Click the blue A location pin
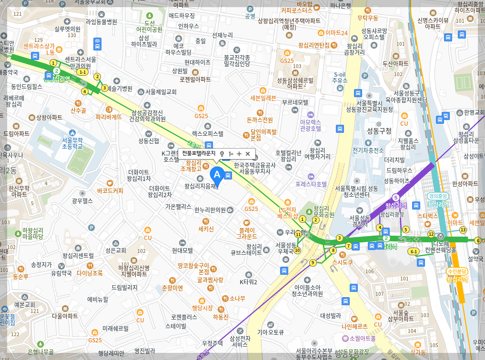click(217, 175)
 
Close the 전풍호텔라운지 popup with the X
click(247, 154)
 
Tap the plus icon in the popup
click(239, 154)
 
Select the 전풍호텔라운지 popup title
click(199, 153)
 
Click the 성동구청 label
click(379, 131)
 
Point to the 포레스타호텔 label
click(311, 184)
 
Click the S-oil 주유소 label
click(340, 78)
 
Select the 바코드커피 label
click(110, 190)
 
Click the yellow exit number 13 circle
click(463, 230)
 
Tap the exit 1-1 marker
click(83, 72)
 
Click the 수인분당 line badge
click(457, 271)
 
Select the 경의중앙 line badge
click(438, 196)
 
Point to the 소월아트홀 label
click(362, 338)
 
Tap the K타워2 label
click(248, 282)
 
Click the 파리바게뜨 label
click(109, 116)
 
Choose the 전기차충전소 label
click(368, 150)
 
